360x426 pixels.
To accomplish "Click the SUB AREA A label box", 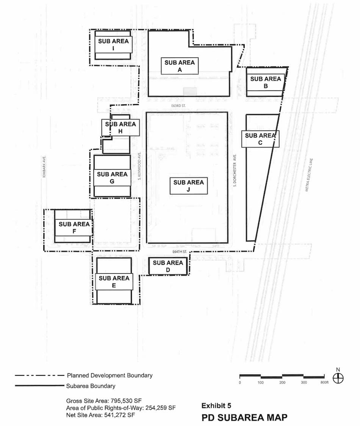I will tap(180, 66).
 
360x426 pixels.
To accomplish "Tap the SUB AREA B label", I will tap(266, 82).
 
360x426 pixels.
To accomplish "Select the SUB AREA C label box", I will tap(260, 139).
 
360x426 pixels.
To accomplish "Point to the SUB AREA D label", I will tap(168, 266).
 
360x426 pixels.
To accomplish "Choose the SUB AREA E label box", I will tap(114, 282).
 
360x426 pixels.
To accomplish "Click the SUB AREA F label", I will tap(74, 228).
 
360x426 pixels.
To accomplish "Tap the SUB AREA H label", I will tap(120, 127).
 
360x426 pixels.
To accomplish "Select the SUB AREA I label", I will tap(113, 45).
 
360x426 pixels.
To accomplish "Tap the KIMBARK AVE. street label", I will tap(44, 167).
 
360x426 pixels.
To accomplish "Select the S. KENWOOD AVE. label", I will tap(140, 166).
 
